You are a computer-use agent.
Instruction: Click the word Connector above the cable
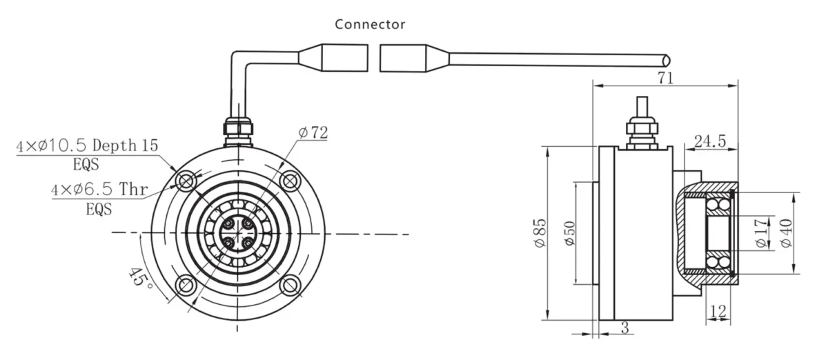point(370,24)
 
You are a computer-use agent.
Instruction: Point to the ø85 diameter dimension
point(539,234)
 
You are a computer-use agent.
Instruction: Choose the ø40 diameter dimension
point(787,234)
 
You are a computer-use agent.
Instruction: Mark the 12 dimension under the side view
point(718,311)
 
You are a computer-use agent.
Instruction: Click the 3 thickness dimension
point(625,329)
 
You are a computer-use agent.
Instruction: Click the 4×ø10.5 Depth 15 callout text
point(88,146)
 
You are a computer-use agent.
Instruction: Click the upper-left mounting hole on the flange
point(184,181)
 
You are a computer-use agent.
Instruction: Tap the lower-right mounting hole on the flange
point(290,284)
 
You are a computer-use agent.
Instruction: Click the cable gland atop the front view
point(237,129)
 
